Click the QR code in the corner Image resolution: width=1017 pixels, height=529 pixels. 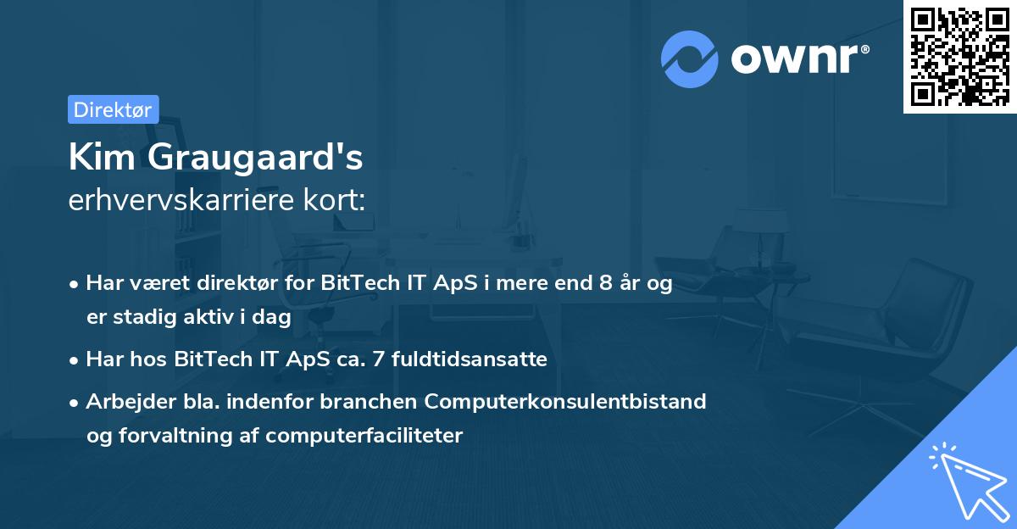959,56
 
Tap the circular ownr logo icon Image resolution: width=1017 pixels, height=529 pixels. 690,59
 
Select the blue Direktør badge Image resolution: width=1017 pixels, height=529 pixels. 113,109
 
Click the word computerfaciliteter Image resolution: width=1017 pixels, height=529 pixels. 364,436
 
